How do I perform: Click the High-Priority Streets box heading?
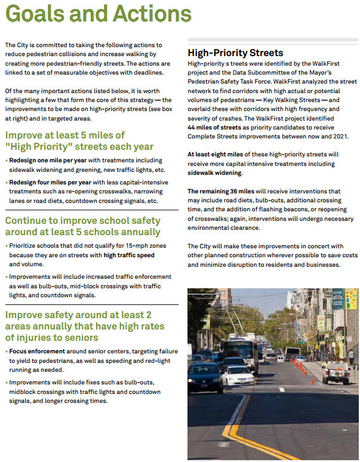click(235, 53)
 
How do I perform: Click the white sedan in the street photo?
click(239, 375)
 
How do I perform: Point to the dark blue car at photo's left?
click(204, 377)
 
